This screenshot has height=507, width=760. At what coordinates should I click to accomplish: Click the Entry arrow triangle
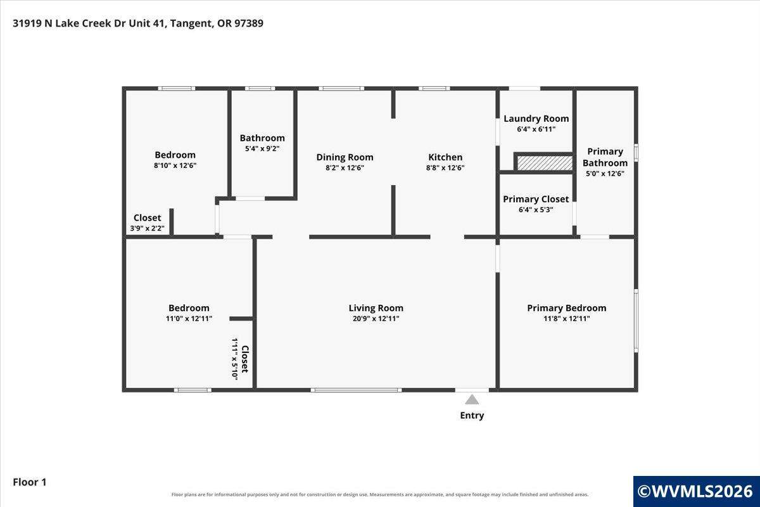pos(472,400)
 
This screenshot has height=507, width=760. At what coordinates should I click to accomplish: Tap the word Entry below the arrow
pos(472,415)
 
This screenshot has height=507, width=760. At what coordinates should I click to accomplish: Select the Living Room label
pos(376,308)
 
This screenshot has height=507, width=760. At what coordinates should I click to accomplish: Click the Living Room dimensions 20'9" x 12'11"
pos(376,319)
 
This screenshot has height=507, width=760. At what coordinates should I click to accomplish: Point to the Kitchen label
pos(445,157)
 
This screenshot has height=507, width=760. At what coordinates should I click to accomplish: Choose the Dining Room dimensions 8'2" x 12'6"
pos(345,168)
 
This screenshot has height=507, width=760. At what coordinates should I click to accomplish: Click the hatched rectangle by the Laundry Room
pos(545,163)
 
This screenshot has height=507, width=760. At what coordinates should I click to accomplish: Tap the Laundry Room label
pos(536,119)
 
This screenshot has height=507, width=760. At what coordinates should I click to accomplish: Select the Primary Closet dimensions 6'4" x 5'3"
pos(536,210)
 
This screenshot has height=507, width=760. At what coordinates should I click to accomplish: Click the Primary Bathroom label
pos(605,157)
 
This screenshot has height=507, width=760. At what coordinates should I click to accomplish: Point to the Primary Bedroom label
pos(567,308)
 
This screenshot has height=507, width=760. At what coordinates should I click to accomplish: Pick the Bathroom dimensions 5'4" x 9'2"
pos(262,149)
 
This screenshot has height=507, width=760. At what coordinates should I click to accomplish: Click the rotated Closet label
pos(245,359)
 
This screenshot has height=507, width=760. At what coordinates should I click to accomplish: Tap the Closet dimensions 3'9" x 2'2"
pos(147,228)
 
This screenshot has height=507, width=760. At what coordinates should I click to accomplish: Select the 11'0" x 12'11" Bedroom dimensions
pos(189,319)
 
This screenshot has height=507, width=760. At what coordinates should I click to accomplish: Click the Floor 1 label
pos(30,482)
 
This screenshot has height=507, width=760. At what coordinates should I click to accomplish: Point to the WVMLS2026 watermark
pos(696,491)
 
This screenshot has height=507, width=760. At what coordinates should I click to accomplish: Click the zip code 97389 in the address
pos(249,23)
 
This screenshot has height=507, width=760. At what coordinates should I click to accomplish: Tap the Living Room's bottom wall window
pos(356,390)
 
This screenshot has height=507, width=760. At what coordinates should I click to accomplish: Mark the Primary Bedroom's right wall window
pos(636,321)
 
